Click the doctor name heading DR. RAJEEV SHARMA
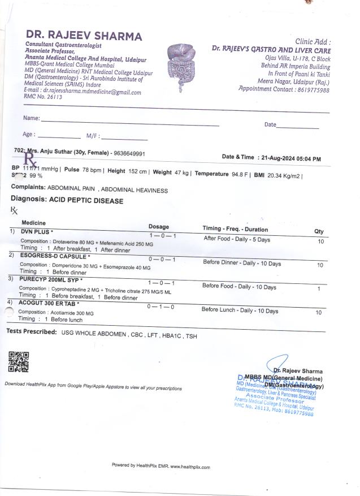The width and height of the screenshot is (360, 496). coord(83,36)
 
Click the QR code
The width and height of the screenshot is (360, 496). coord(18,361)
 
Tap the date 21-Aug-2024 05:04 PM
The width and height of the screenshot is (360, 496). coord(289,158)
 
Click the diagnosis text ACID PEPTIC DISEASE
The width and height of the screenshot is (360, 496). coord(86,201)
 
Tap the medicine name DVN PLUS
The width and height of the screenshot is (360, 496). coord(36,232)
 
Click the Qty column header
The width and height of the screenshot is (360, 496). coord(319,231)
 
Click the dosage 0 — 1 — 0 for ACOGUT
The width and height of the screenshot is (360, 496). coord(161,307)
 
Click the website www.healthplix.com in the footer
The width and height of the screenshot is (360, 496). coord(190,467)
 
